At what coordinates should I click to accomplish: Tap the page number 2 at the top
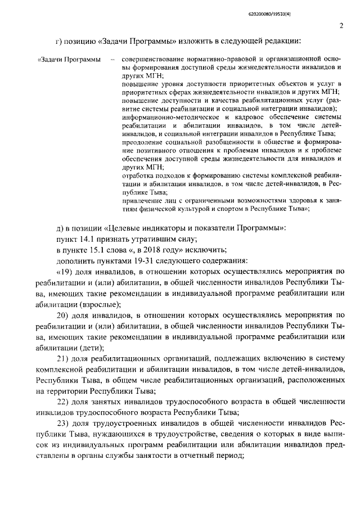click(x=341, y=25)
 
